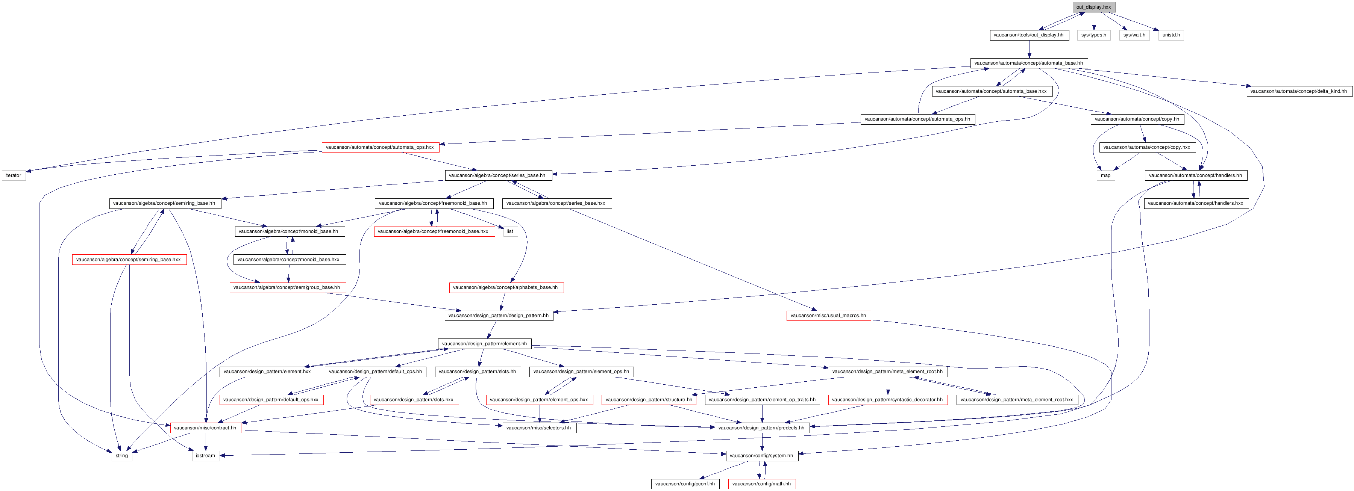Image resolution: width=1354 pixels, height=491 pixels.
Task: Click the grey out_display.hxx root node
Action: click(x=1093, y=7)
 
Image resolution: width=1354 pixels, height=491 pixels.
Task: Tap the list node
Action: click(x=510, y=231)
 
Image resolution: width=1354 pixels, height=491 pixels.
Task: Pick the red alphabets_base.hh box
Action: click(x=506, y=288)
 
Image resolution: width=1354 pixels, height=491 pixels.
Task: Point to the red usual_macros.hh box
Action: click(x=828, y=316)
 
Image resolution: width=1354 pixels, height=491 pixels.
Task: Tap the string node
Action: click(x=122, y=456)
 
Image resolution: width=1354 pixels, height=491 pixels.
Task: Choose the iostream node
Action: click(x=206, y=456)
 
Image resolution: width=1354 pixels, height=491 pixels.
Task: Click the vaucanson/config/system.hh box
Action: click(x=762, y=456)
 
